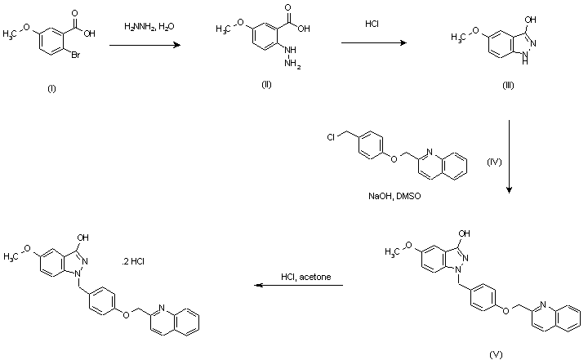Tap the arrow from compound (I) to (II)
pyautogui.click(x=156, y=47)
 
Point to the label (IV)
pyautogui.click(x=493, y=162)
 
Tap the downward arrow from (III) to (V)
pyautogui.click(x=510, y=155)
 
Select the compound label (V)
pyautogui.click(x=495, y=354)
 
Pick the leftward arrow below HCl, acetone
pyautogui.click(x=297, y=286)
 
